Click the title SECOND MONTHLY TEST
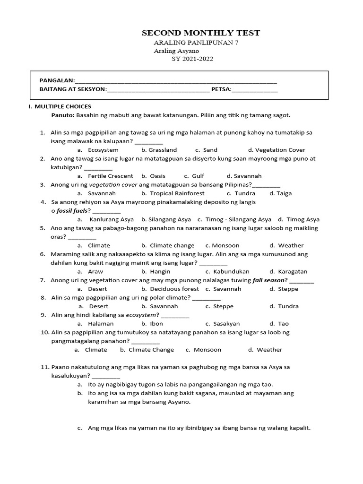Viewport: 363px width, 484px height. point(201,33)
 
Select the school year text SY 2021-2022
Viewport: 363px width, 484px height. point(192,59)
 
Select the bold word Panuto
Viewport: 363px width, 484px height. point(62,115)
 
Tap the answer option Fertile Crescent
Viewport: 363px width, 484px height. point(110,176)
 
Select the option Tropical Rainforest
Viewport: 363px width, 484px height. point(177,193)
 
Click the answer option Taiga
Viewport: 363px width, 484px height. point(284,193)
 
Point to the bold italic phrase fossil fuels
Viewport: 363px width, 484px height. point(71,210)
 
